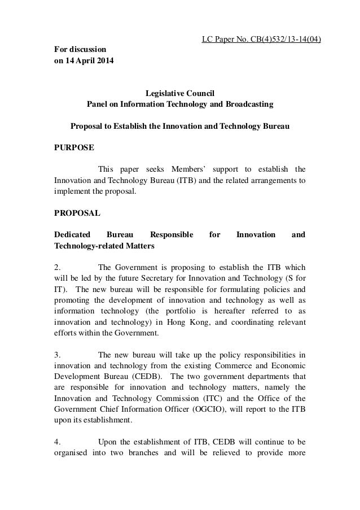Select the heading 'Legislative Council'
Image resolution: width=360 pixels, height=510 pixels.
coord(179,93)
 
